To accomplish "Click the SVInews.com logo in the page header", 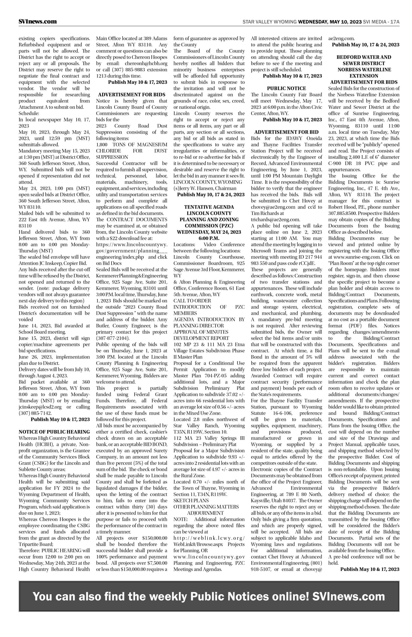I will pos(38,22).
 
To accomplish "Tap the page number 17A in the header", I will pos(395,22).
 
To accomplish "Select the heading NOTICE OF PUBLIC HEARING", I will pos(54,432).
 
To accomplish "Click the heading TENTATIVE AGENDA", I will pos(209,207).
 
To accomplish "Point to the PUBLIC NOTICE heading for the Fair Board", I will pos(286,88).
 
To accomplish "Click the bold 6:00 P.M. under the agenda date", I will pos(209,238).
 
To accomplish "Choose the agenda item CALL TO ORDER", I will pos(192,301).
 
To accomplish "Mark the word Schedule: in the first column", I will pos(29,113).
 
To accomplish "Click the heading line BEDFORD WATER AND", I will pos(364,57).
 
